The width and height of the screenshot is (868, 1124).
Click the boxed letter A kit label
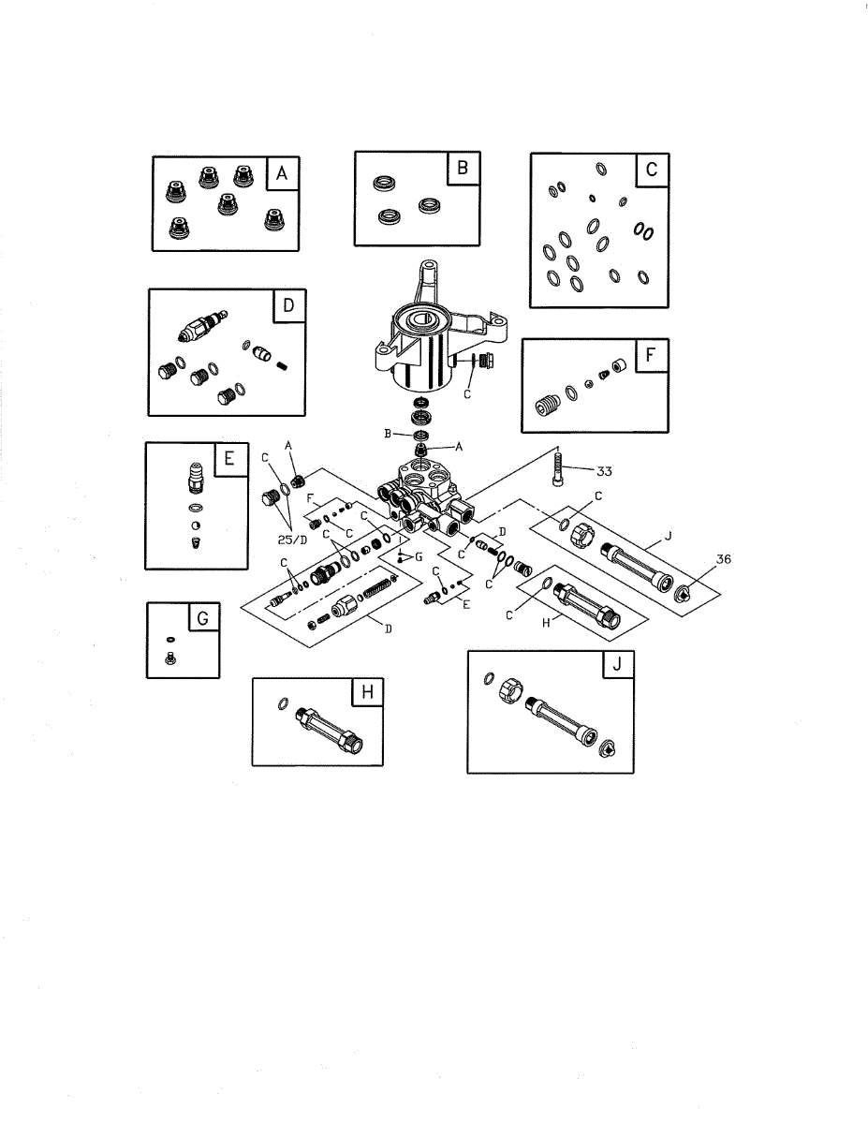[x=281, y=173]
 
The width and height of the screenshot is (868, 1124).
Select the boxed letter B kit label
[x=463, y=169]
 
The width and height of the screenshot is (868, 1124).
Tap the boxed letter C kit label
[x=651, y=170]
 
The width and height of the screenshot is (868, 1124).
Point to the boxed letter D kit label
[x=288, y=305]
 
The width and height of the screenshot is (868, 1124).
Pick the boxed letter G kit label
[x=202, y=618]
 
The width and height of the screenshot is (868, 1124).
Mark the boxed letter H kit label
[x=367, y=692]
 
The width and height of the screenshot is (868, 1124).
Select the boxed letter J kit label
[x=616, y=665]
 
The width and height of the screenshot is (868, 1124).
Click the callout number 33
[x=605, y=471]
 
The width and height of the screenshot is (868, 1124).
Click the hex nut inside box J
[x=511, y=692]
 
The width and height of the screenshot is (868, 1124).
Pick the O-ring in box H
[x=282, y=704]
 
